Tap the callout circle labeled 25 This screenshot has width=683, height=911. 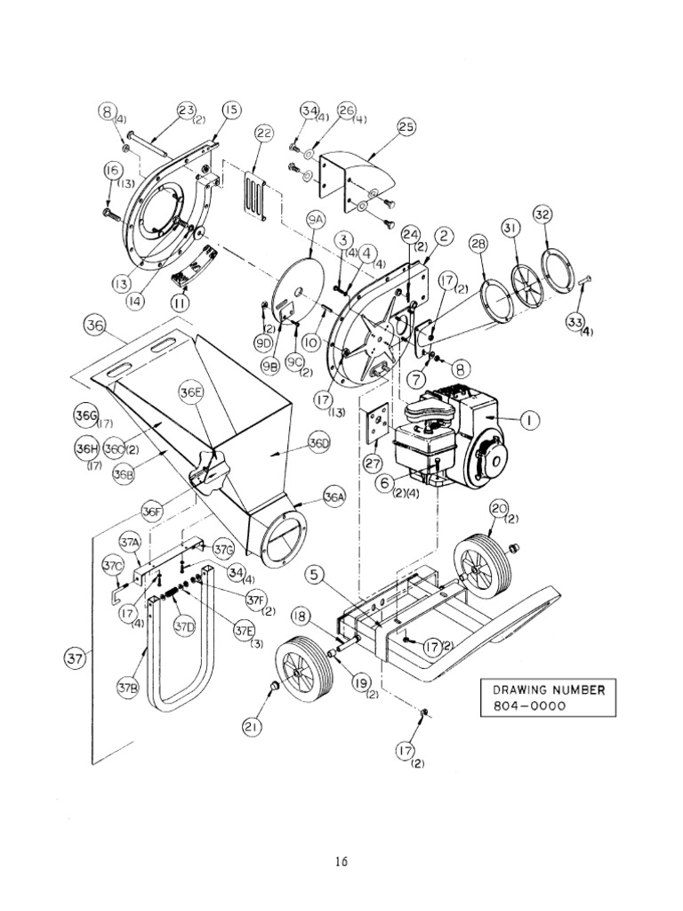click(406, 127)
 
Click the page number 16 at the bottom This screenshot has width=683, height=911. click(341, 861)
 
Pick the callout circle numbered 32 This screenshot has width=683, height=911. click(542, 214)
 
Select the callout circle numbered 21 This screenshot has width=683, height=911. click(253, 727)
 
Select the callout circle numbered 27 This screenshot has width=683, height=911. click(374, 463)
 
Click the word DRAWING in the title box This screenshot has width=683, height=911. click(517, 689)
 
